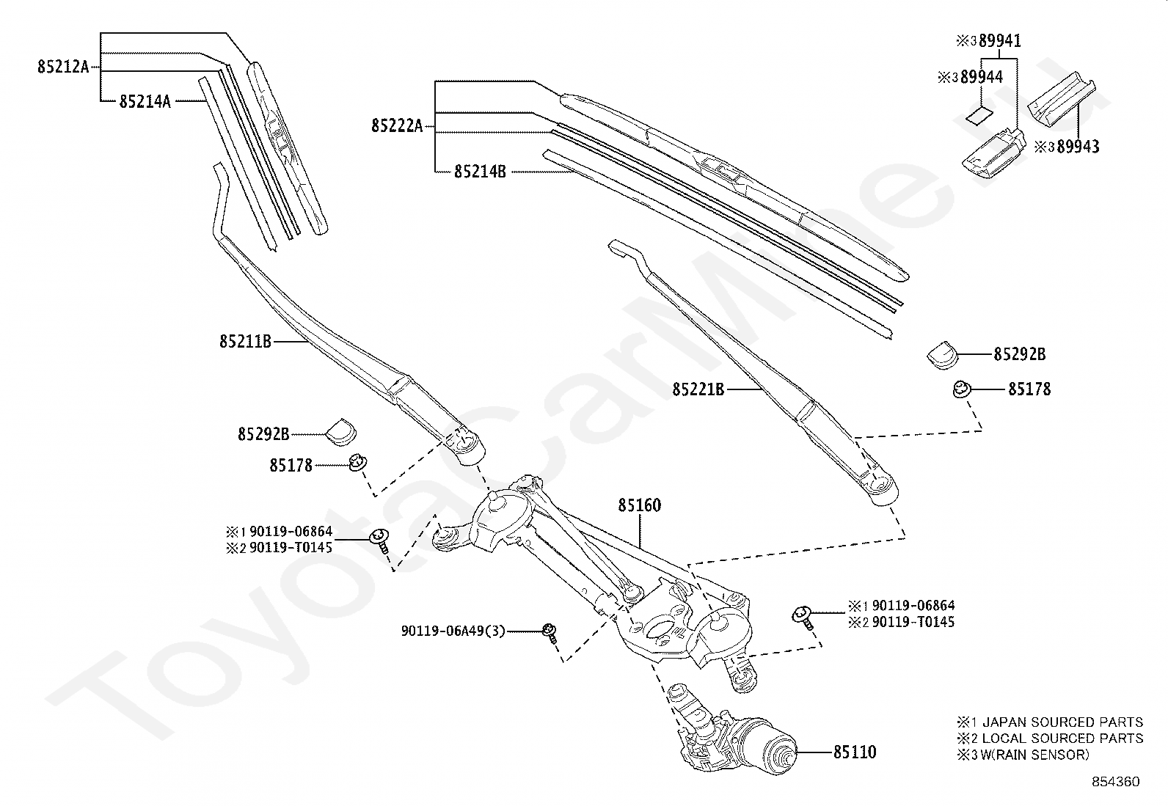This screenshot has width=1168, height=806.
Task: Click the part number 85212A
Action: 63,67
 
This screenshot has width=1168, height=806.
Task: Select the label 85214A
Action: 145,101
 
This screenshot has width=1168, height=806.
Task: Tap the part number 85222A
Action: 397,125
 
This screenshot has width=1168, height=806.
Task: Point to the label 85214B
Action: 480,172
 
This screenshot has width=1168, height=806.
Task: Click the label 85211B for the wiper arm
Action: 245,342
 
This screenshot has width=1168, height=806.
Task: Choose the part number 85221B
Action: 698,389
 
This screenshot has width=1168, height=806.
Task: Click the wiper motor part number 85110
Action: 855,752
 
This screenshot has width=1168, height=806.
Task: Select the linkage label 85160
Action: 639,505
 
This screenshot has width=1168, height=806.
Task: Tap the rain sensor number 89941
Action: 999,40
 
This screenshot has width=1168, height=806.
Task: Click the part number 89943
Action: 1078,147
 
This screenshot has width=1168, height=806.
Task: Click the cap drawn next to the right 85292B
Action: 943,355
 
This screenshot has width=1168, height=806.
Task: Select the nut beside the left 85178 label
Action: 358,462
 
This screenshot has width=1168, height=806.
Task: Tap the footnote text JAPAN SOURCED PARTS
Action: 1062,722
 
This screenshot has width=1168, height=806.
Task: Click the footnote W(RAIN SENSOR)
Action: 1035,755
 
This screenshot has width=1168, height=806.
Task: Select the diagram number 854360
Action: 1116,782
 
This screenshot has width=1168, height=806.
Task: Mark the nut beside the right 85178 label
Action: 962,389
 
